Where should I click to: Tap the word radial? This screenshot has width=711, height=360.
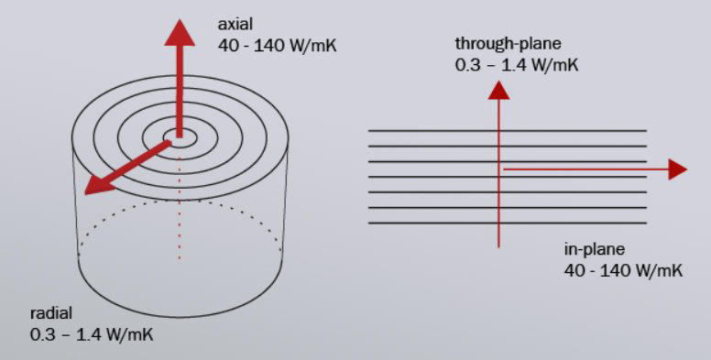coord(51,313)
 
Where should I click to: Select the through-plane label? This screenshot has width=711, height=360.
coord(509,45)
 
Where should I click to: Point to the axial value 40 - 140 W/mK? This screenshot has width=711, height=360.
coord(278,46)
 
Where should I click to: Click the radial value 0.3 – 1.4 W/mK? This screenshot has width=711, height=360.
coord(92,335)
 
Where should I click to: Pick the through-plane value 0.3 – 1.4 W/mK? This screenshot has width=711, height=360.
coord(517,65)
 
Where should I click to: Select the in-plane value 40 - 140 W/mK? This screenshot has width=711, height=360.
coord(623,271)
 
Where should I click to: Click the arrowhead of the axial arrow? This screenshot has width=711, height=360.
coord(180,33)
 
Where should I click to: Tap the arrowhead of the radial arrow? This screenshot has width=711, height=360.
coord(96,184)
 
